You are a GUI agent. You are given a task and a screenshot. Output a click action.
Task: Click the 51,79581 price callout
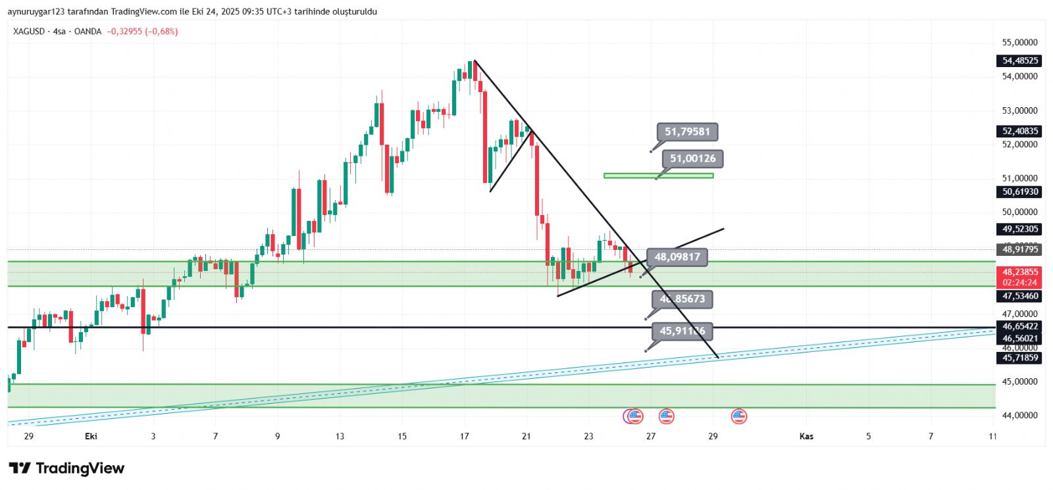[687, 132]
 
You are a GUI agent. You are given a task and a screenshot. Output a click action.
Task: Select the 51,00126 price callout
[692, 159]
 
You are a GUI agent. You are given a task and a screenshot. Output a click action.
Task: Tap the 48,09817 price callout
[677, 257]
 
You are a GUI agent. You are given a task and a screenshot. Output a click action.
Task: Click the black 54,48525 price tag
[1019, 61]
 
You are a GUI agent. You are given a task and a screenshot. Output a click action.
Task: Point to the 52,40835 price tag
[1019, 131]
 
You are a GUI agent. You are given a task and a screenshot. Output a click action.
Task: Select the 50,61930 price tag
[1019, 192]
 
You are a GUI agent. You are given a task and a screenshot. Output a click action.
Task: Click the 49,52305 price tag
[1019, 229]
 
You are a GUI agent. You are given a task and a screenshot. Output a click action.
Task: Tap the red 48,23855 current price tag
[1019, 272]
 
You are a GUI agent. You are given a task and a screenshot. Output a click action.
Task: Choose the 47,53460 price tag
[1019, 296]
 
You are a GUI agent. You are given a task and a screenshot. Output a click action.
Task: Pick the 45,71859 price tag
[1019, 358]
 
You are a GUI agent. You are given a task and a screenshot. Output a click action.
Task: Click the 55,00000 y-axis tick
[1019, 43]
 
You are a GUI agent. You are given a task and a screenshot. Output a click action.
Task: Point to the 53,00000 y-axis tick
[1019, 110]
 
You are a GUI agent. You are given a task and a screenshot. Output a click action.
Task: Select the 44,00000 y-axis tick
[1019, 415]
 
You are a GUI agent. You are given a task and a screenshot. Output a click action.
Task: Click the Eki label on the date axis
[91, 436]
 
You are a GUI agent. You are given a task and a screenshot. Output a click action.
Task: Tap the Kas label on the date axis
[806, 436]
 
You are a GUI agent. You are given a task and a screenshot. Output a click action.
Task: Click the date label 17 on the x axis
[465, 436]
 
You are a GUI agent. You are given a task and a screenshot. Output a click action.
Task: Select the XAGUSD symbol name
[29, 32]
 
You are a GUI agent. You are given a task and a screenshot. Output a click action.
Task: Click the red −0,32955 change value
[124, 32]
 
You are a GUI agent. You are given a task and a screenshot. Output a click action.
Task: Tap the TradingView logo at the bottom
[66, 468]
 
